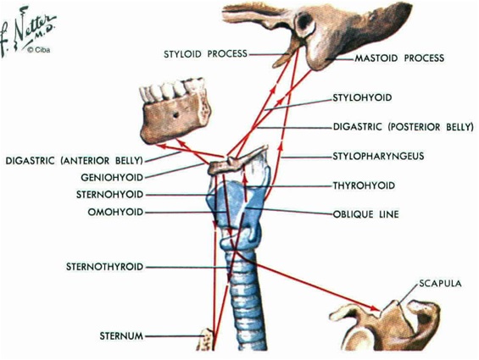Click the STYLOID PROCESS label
click(205, 54)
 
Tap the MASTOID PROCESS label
click(399, 58)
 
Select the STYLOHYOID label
click(362, 97)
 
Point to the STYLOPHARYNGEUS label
click(378, 156)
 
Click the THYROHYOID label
click(364, 186)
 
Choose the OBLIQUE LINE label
click(365, 214)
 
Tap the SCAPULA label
click(440, 284)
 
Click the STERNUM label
click(121, 336)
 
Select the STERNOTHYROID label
click(105, 267)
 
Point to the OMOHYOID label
click(115, 212)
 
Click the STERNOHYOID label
click(109, 195)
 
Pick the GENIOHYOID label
click(112, 177)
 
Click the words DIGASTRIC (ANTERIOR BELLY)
click(75, 161)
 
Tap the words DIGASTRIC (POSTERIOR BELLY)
click(403, 127)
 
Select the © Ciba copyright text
click(38, 50)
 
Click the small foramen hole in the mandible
click(175, 115)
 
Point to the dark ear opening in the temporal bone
click(304, 23)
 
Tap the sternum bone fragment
click(205, 340)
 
